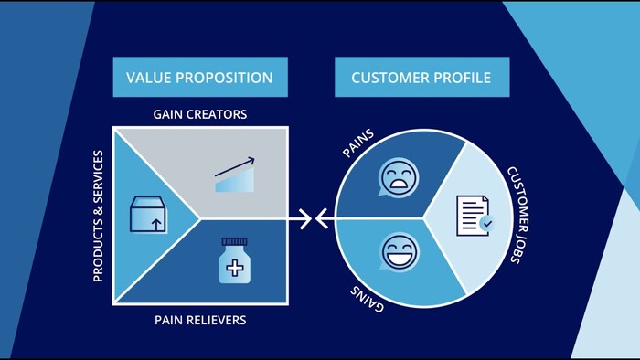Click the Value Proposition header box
coord(200,78)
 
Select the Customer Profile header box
coord(421,78)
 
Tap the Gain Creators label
coord(200,114)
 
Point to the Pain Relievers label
coord(200,321)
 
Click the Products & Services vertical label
coord(99,217)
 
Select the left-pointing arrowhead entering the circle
coord(322,218)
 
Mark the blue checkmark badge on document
coord(486,222)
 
